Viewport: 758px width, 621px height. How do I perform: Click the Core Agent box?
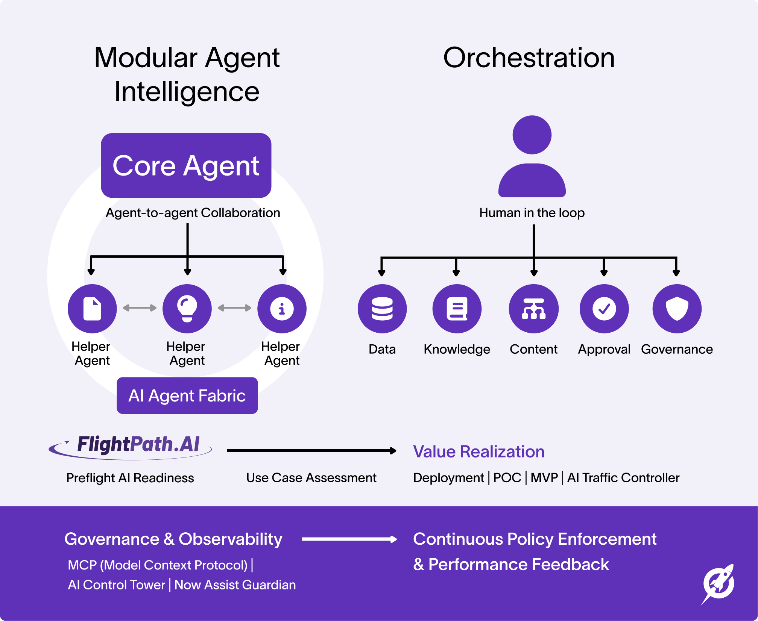point(186,165)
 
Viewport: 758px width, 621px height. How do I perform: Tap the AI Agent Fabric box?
point(187,395)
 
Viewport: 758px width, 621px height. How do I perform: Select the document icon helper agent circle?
point(92,309)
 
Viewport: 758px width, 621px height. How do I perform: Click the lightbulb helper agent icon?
point(187,309)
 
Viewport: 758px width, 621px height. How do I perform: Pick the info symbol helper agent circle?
point(282,309)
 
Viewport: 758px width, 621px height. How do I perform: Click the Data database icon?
point(382,309)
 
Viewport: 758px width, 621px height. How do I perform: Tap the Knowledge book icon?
point(457,309)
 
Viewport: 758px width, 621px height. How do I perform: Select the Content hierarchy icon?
point(533,309)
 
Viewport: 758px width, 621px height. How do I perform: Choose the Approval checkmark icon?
point(604,309)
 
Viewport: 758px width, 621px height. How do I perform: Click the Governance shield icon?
point(677,309)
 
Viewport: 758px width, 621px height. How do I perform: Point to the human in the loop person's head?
point(532,135)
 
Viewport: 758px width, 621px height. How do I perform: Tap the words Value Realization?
point(478,451)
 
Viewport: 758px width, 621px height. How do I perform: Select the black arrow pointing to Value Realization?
point(311,450)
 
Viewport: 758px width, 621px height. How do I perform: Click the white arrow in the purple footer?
point(349,539)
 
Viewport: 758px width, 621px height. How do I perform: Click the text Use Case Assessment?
point(311,477)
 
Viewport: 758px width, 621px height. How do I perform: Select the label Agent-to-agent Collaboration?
point(193,213)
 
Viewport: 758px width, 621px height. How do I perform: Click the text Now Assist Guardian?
point(235,585)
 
